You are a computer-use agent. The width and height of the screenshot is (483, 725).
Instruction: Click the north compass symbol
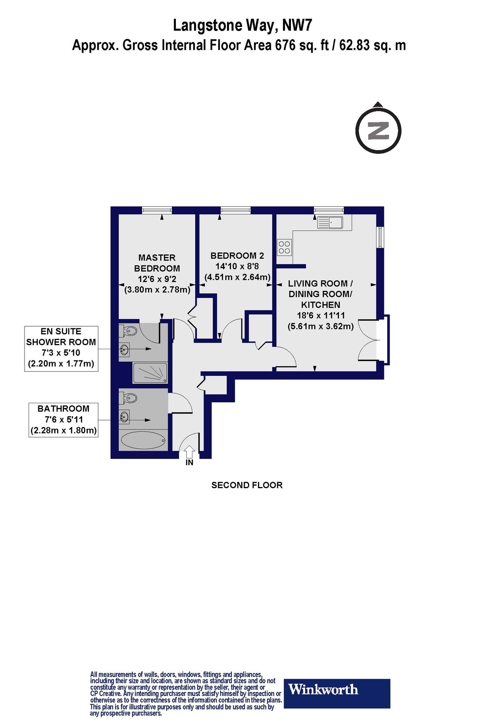click(378, 130)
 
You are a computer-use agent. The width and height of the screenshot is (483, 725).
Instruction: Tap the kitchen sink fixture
click(330, 222)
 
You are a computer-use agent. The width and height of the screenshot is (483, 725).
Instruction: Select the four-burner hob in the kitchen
click(284, 247)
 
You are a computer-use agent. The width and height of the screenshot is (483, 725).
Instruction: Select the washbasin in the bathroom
click(124, 416)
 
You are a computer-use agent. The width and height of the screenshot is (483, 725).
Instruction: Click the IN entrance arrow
click(190, 452)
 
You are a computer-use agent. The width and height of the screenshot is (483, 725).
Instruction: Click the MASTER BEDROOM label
click(157, 263)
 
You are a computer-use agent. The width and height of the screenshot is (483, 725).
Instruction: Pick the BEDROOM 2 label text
click(237, 255)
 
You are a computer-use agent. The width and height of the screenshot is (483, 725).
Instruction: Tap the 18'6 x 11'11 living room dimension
click(321, 315)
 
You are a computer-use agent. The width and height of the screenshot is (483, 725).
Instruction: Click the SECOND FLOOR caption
click(247, 485)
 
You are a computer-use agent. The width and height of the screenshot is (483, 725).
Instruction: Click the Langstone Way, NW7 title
click(242, 25)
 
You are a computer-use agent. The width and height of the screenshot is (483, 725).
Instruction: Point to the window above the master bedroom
click(157, 210)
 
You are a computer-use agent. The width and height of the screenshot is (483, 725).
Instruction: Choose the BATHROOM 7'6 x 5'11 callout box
click(64, 419)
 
